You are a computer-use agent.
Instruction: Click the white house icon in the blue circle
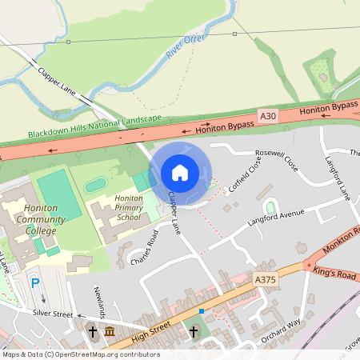tap(180, 172)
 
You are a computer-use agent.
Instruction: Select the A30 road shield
tap(267, 117)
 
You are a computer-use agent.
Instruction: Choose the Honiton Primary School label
tap(128, 207)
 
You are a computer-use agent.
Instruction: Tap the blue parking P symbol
tap(34, 282)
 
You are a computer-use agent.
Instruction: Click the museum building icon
tap(109, 331)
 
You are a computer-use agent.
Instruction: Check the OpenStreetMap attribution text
tap(80, 354)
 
